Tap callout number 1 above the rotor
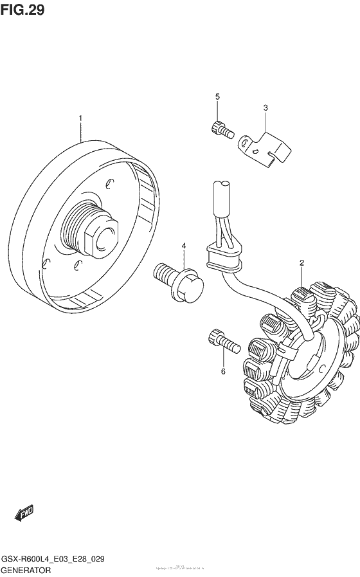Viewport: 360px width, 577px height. pos(81,118)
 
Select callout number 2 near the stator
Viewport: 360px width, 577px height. pos(301,263)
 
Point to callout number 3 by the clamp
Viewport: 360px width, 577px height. pos(265,108)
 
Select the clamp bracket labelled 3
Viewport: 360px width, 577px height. pos(265,147)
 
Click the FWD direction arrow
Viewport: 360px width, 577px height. pos(24,513)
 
